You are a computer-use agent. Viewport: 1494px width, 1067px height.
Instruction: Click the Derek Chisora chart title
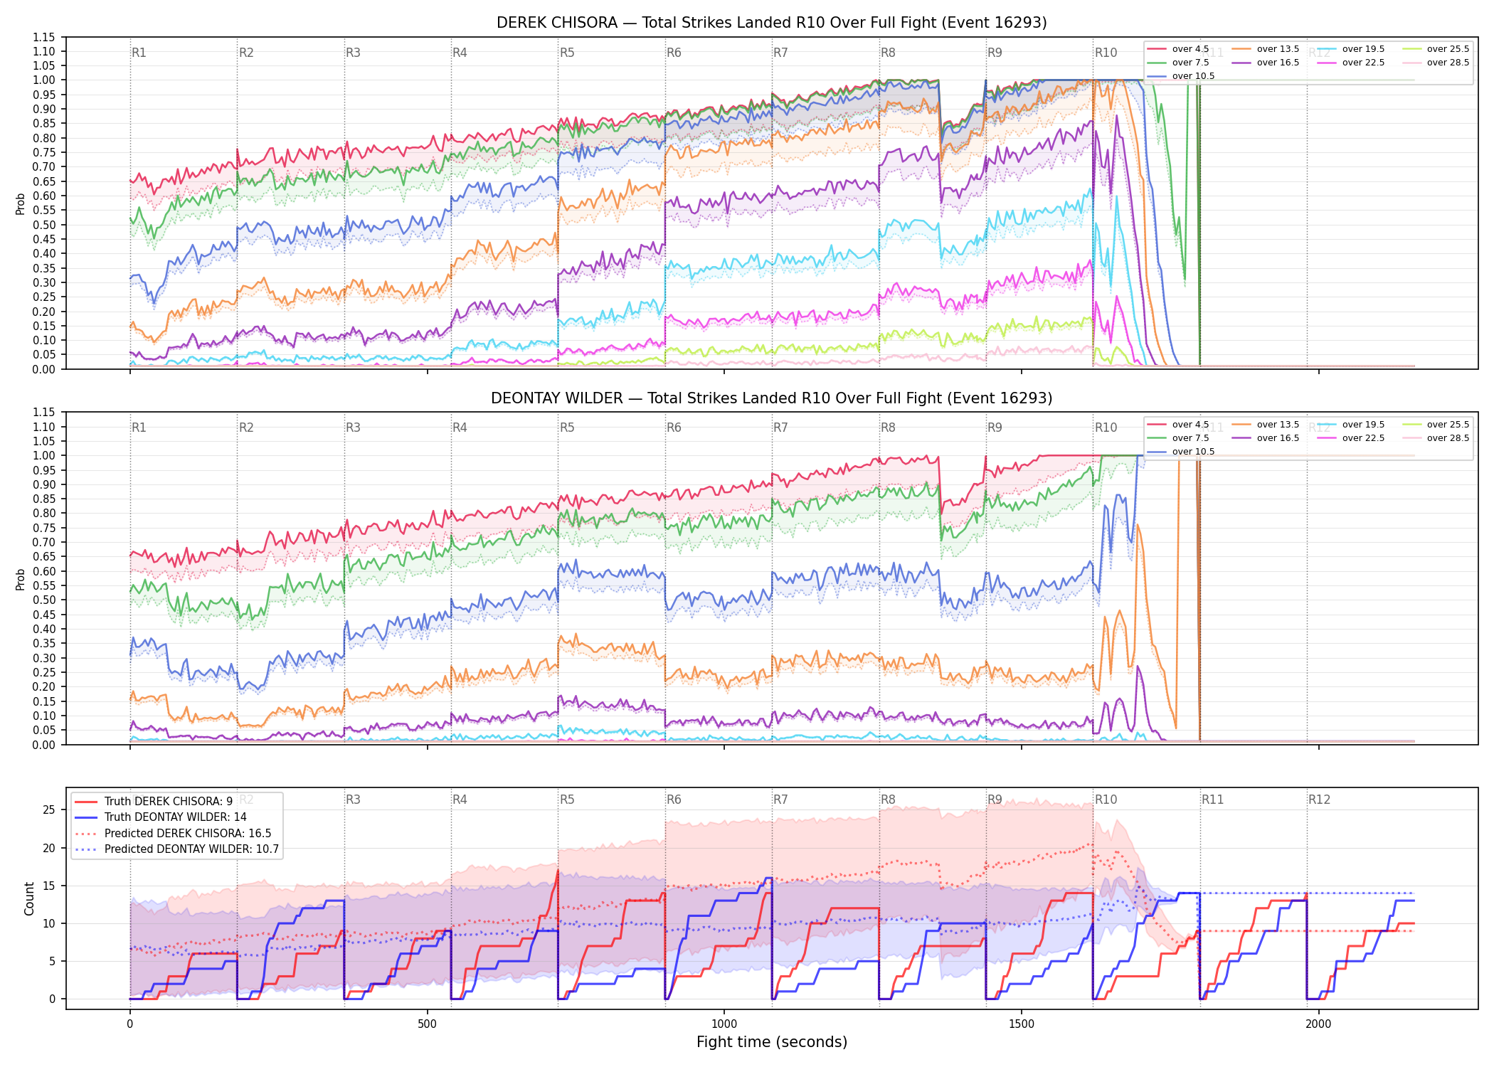(x=772, y=23)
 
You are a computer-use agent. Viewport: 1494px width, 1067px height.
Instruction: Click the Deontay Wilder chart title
(x=772, y=398)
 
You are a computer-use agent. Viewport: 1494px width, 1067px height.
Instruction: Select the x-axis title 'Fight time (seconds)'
(x=772, y=1042)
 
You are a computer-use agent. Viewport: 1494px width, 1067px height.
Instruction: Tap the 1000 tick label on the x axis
(x=724, y=1024)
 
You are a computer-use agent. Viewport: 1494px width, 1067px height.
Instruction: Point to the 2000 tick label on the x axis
(x=1318, y=1024)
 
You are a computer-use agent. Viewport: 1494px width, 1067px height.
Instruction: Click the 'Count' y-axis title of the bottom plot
(x=29, y=898)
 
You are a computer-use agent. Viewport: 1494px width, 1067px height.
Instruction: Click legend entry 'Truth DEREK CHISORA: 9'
(x=169, y=802)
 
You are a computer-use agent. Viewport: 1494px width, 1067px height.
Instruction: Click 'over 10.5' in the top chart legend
(x=1193, y=76)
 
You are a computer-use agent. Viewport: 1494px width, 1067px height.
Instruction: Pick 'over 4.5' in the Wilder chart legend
(x=1190, y=425)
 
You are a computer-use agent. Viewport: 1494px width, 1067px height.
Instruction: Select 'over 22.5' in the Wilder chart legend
(x=1363, y=438)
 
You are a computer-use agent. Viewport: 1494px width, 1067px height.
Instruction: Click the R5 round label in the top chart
(x=567, y=53)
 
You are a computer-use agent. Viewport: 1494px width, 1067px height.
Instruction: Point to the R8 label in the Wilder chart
(x=888, y=428)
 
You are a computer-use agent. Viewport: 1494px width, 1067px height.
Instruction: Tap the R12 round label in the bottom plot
(x=1319, y=800)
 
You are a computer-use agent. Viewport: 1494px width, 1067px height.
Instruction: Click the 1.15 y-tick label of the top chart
(x=43, y=37)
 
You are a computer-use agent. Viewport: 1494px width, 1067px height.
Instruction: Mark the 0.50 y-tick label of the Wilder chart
(x=43, y=600)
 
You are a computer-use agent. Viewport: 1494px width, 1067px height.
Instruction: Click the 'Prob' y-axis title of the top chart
(x=21, y=203)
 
